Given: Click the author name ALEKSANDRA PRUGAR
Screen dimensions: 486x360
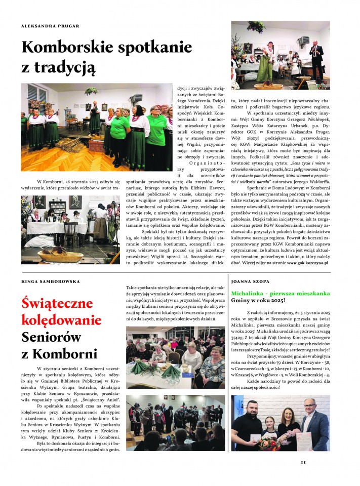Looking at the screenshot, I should pos(50,26).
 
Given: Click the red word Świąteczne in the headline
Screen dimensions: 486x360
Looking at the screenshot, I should pos(57,304).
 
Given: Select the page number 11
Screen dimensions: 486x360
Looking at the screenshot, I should pos(303,461).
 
